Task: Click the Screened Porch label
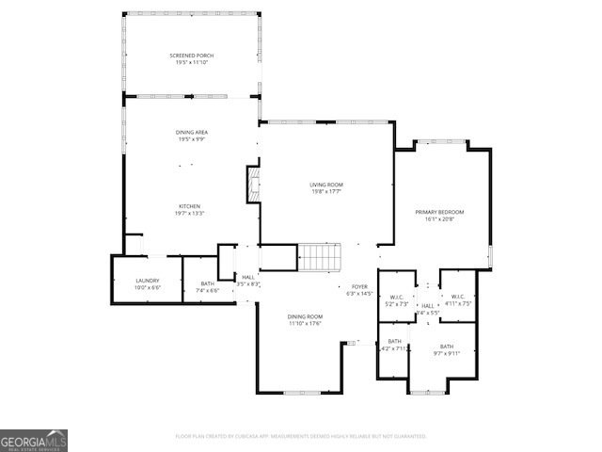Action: pyautogui.click(x=191, y=56)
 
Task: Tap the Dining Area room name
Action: pyautogui.click(x=191, y=132)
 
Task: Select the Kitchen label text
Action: pyautogui.click(x=191, y=206)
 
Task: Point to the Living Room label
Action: pyautogui.click(x=326, y=185)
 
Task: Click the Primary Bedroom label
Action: pyautogui.click(x=439, y=212)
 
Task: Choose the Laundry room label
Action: pyautogui.click(x=147, y=280)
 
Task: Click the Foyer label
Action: pyautogui.click(x=359, y=286)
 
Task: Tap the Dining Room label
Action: pyautogui.click(x=306, y=316)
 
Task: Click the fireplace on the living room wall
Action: pyautogui.click(x=251, y=185)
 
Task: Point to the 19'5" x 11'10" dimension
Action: pyautogui.click(x=191, y=63)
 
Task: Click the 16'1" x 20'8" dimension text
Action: pyautogui.click(x=439, y=219)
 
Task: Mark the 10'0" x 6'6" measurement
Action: pyautogui.click(x=147, y=287)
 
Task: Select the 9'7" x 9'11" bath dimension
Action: pyautogui.click(x=446, y=354)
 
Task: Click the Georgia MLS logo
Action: pyautogui.click(x=34, y=441)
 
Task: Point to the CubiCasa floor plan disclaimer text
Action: pyautogui.click(x=301, y=436)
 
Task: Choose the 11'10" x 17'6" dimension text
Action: pyautogui.click(x=306, y=324)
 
